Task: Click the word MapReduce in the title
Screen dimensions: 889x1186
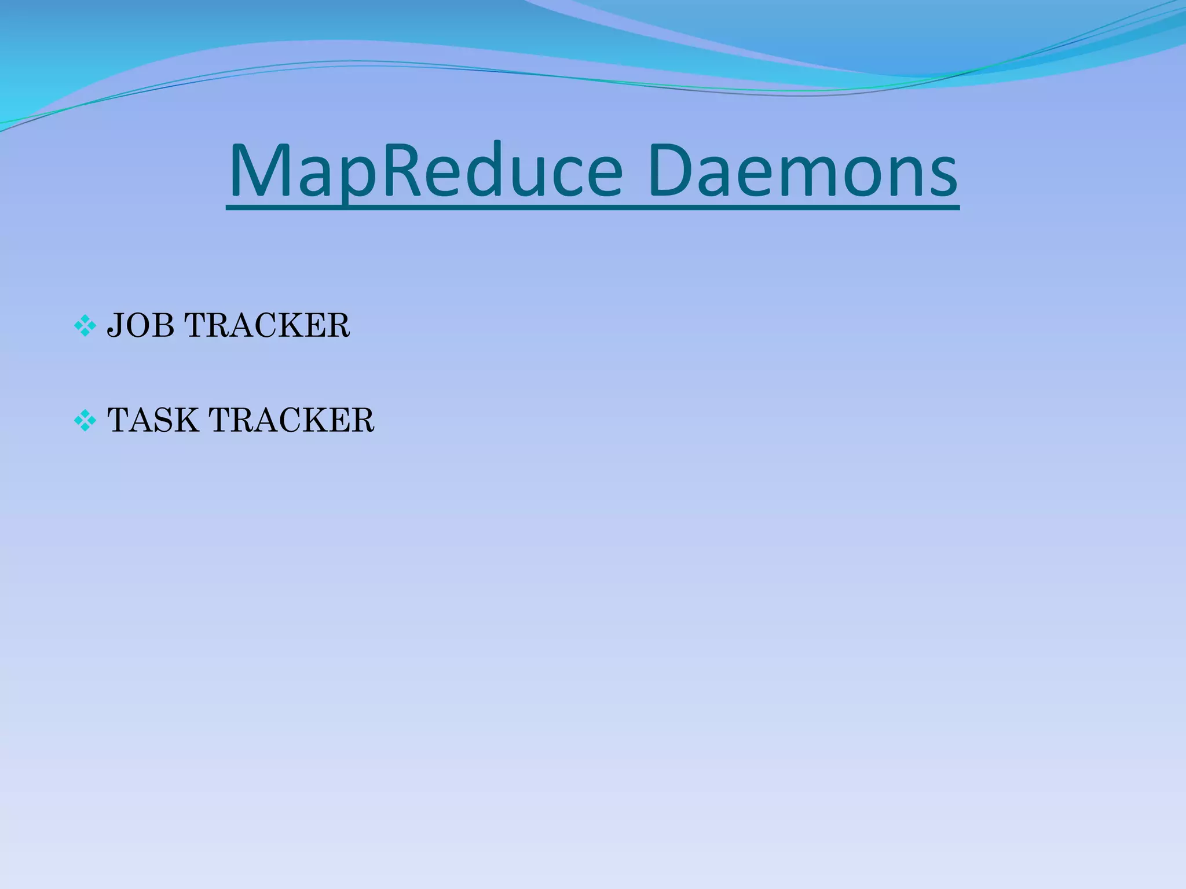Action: pyautogui.click(x=426, y=171)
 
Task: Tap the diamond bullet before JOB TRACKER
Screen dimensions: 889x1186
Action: pyautogui.click(x=85, y=326)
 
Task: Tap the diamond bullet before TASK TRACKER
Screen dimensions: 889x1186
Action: pyautogui.click(x=85, y=421)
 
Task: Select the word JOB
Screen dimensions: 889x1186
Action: pyautogui.click(x=141, y=325)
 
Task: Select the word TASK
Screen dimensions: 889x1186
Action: pyautogui.click(x=153, y=420)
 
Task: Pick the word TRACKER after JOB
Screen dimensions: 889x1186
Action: pyautogui.click(x=267, y=325)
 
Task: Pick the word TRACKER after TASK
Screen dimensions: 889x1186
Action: pyautogui.click(x=291, y=420)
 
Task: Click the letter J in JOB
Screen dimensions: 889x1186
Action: pyautogui.click(x=115, y=326)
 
